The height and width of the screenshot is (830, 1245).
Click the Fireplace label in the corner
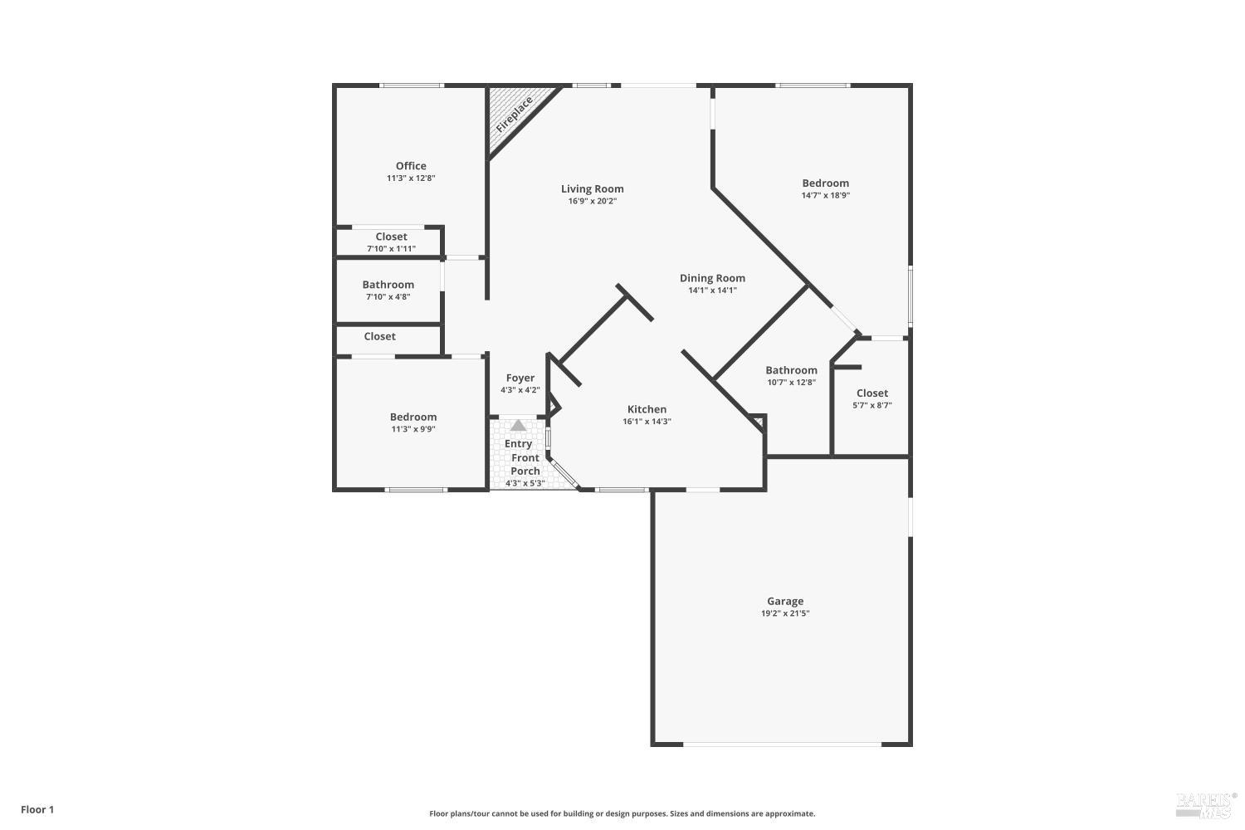(x=515, y=115)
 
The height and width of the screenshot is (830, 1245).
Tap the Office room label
(x=411, y=166)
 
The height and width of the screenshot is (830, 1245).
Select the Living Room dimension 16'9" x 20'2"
(x=593, y=201)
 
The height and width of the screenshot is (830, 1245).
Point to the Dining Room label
(x=712, y=278)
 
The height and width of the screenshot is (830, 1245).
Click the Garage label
(x=785, y=601)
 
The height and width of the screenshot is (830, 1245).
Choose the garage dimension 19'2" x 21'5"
(x=785, y=613)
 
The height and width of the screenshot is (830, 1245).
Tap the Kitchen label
(x=647, y=409)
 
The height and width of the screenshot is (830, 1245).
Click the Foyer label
(x=520, y=378)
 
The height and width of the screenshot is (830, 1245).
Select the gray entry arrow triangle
(x=518, y=426)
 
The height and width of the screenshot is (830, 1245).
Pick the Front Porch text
(x=525, y=464)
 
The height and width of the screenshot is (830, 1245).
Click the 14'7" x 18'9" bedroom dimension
(x=826, y=196)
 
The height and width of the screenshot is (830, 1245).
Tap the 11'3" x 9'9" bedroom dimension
(x=413, y=429)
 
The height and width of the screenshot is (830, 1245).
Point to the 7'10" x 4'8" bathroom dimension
(x=388, y=296)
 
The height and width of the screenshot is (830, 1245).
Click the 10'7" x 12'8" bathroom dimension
(x=791, y=383)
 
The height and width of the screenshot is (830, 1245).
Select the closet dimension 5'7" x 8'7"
(x=871, y=405)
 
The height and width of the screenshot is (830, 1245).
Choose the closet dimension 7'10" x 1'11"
(x=391, y=248)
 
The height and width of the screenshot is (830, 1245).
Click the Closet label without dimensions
(x=380, y=336)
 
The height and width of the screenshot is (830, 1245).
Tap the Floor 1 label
(x=37, y=809)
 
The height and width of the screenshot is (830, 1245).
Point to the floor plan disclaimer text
(x=622, y=813)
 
